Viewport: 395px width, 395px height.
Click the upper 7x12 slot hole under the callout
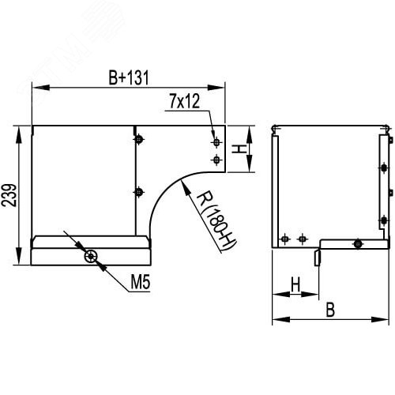click(x=216, y=142)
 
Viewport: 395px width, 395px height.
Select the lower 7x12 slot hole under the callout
click(x=216, y=160)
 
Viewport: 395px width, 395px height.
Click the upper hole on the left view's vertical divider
click(x=139, y=141)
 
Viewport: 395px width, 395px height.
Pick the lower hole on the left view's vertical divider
click(x=139, y=192)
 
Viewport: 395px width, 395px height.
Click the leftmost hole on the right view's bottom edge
click(x=286, y=238)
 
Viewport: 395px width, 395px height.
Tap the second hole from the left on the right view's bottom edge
click(x=301, y=238)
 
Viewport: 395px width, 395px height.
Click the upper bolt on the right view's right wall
click(x=383, y=167)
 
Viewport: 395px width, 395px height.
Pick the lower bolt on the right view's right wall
click(x=383, y=220)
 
